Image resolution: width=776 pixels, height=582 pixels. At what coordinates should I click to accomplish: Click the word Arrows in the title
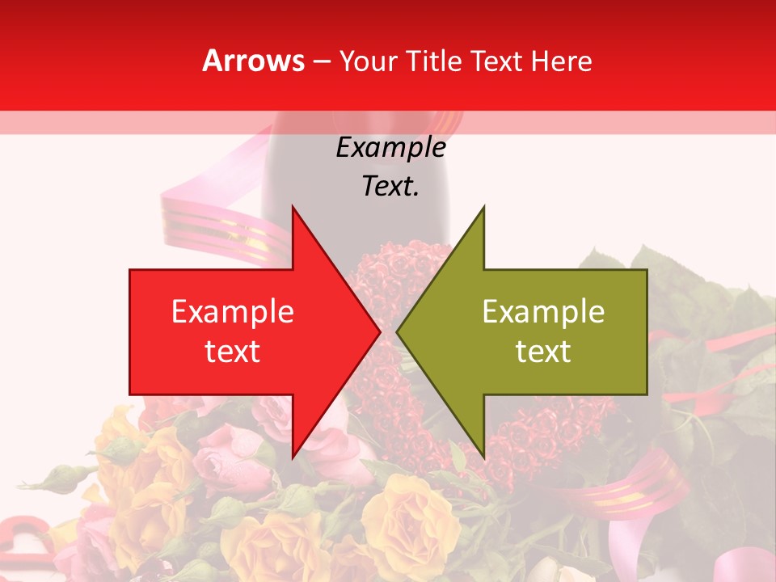click(x=253, y=61)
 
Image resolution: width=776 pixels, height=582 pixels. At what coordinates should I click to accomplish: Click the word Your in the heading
click(x=368, y=61)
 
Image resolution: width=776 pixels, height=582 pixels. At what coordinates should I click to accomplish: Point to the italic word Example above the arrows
click(x=390, y=148)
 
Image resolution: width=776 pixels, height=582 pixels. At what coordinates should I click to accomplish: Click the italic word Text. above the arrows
click(x=390, y=187)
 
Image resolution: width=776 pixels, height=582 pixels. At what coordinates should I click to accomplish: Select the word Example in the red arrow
click(x=233, y=312)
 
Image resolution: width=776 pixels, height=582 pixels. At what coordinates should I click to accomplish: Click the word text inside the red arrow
click(x=233, y=352)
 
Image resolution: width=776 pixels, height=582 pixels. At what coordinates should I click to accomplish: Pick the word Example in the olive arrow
click(x=543, y=312)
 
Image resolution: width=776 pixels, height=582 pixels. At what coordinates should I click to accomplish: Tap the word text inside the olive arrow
click(x=543, y=352)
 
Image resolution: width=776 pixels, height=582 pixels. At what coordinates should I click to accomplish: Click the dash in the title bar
click(x=321, y=61)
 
